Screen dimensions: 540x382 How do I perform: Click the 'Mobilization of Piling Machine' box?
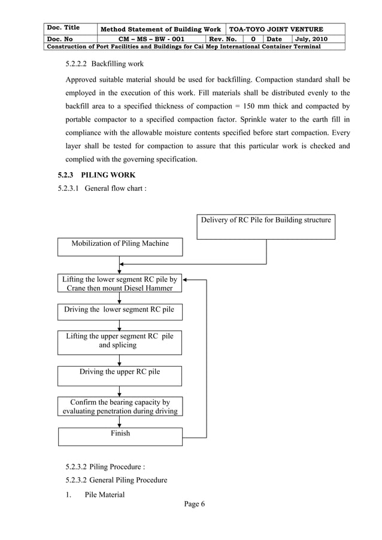(120, 246)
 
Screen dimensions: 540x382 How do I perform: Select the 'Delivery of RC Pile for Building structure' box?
(266, 226)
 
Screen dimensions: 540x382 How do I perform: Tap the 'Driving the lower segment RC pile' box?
(120, 310)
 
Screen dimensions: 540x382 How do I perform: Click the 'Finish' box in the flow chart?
(120, 435)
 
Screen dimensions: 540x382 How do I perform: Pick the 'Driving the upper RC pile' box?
(120, 374)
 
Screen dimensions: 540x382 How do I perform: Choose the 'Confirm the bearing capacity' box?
(120, 407)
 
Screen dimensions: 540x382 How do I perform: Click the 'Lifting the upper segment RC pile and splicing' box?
(120, 341)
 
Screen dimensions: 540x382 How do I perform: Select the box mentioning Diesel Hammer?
(120, 284)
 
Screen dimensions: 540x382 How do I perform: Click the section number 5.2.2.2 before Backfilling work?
(75, 63)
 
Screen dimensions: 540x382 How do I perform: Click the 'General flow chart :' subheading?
(116, 188)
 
